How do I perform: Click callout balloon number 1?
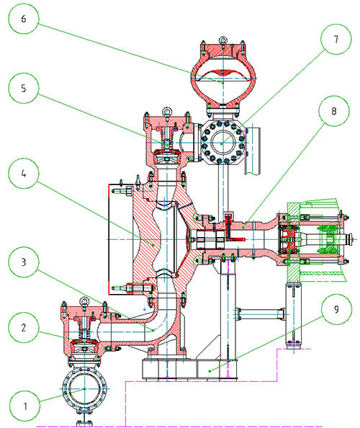click(x=24, y=406)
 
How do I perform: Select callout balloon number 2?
click(x=24, y=328)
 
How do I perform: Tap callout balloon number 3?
click(x=24, y=262)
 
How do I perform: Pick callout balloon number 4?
click(x=24, y=174)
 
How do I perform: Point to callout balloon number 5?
click(x=24, y=88)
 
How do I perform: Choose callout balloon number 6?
click(x=24, y=19)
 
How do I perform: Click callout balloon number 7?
click(x=336, y=40)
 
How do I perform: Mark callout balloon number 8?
click(x=334, y=111)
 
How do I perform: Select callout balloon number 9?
click(x=336, y=309)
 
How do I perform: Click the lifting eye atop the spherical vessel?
click(x=222, y=40)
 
